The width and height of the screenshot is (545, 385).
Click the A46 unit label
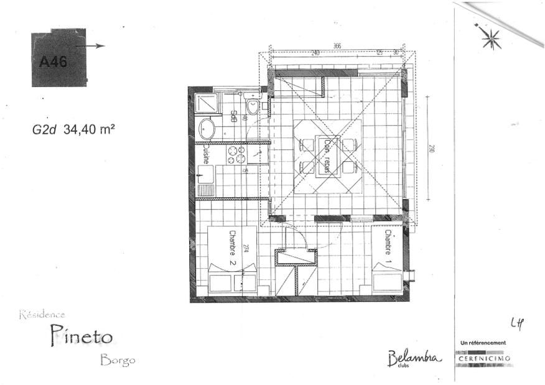tap(52, 62)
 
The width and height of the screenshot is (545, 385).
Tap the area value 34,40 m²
tap(88, 130)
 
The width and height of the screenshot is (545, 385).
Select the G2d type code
tap(45, 131)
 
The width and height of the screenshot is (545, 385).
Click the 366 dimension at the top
tap(337, 45)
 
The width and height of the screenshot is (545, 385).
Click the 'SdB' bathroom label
tap(233, 116)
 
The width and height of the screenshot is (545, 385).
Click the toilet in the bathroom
tap(252, 107)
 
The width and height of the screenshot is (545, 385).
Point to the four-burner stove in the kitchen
tap(236, 155)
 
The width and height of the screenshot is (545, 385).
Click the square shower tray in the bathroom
tap(206, 103)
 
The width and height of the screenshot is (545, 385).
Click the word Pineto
tap(82, 336)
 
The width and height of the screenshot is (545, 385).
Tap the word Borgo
tap(116, 360)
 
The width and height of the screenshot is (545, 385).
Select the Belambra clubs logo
tap(414, 358)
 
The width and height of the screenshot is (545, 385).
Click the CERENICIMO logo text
tap(484, 359)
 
